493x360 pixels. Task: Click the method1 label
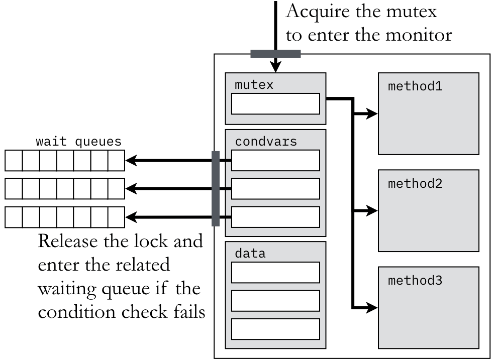pos(415,86)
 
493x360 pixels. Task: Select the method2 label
pos(415,183)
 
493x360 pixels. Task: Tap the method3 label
pos(415,280)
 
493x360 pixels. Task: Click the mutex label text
pos(254,85)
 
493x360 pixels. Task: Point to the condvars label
pos(266,142)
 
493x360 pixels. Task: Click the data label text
pos(250,254)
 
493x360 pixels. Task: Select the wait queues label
pos(78,142)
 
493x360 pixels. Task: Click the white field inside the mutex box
pos(275,104)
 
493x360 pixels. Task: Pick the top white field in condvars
pos(275,161)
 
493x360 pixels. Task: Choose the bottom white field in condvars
pos(275,217)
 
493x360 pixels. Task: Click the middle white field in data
pos(275,300)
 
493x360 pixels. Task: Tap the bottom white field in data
pos(275,328)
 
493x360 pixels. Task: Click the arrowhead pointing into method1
pos(372,114)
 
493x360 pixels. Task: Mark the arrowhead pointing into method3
pos(372,306)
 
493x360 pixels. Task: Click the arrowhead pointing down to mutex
pos(275,67)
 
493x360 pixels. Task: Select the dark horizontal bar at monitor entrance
pos(275,54)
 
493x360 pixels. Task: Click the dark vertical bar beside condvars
pos(216,188)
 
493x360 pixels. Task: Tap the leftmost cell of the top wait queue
pos(14,161)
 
